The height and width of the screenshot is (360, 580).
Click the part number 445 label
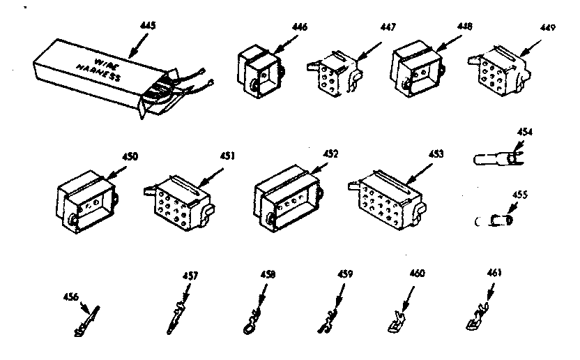(x=148, y=26)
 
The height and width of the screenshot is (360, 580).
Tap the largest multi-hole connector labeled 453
(x=388, y=198)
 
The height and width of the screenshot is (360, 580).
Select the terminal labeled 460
(x=398, y=320)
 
